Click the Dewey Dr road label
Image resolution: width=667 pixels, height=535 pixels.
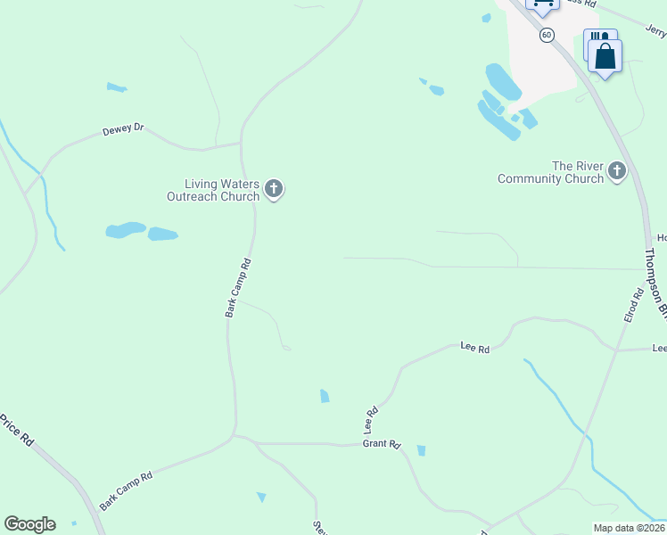point(123,128)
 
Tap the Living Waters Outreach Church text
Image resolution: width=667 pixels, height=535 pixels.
point(213,190)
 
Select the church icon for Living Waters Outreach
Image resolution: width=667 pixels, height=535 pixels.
point(274,189)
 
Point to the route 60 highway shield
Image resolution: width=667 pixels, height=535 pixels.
point(547,35)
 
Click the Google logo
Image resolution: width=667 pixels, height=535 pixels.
point(29,524)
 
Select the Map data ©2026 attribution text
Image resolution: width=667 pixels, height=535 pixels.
point(629,528)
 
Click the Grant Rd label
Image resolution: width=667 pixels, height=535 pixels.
point(382,444)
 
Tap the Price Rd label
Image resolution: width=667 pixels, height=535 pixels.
point(17,431)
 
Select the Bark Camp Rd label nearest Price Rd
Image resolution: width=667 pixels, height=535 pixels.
point(126,490)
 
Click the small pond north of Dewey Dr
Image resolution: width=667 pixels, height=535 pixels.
point(117,87)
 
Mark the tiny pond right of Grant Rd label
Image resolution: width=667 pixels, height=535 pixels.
point(421,450)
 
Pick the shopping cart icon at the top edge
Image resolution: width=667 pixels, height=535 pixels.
point(541,4)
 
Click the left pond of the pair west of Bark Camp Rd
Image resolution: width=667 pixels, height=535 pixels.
point(126,230)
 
